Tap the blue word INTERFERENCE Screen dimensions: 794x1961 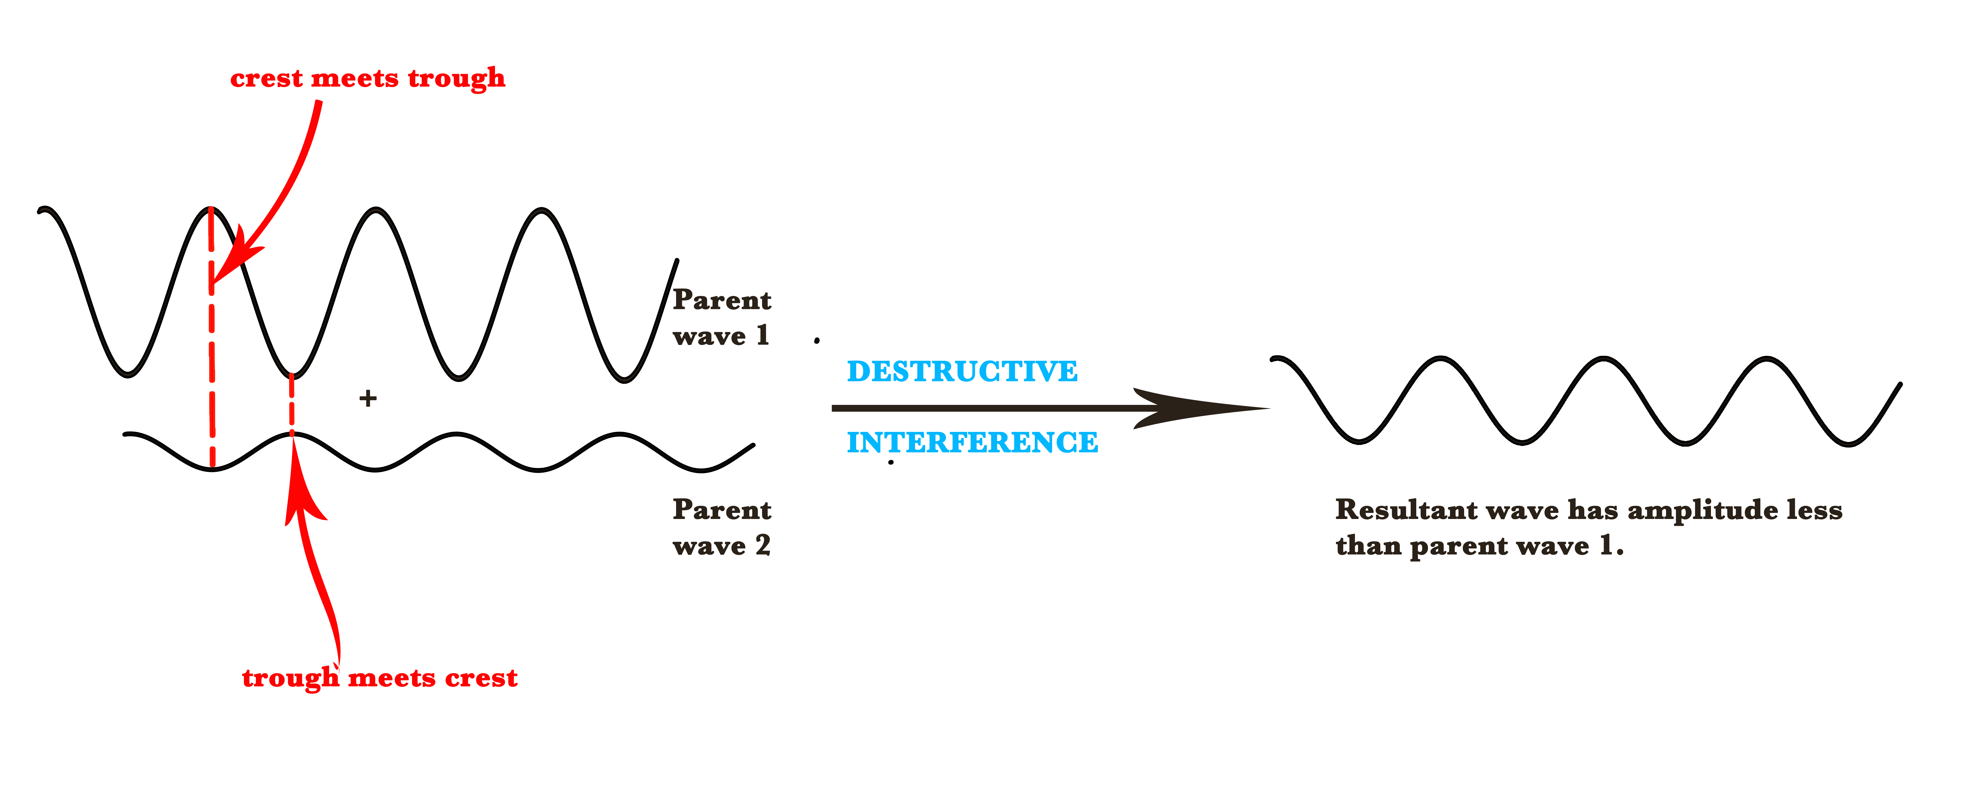972,442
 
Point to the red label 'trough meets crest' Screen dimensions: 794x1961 379,677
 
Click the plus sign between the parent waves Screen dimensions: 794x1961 368,398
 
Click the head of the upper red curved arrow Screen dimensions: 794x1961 228,263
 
